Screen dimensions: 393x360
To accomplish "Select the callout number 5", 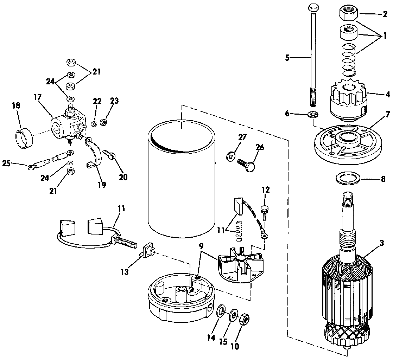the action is click(x=287, y=58).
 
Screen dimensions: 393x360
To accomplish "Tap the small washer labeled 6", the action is click(x=313, y=115).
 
